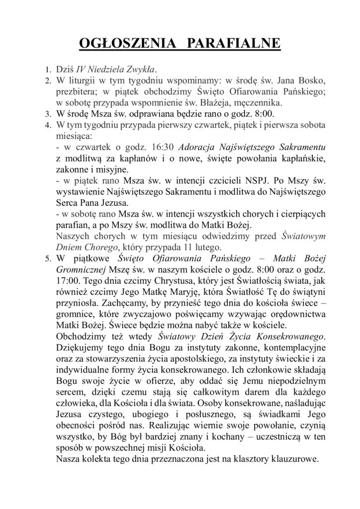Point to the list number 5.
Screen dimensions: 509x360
48,259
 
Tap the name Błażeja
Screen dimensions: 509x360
217,103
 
